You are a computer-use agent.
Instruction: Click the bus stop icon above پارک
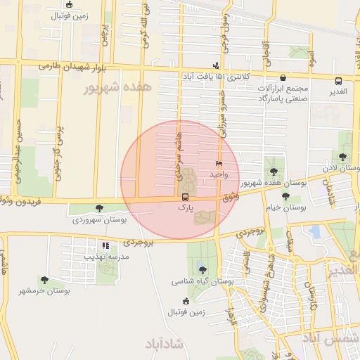tap(184, 198)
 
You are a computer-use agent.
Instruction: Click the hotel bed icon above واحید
tap(219, 163)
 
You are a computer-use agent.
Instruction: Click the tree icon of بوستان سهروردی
tap(99, 208)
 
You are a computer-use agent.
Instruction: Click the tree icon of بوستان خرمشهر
tap(44, 280)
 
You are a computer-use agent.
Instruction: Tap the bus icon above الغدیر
tap(338, 81)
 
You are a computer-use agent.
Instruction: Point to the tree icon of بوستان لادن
tap(342, 157)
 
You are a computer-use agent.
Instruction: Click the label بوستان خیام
tap(283, 207)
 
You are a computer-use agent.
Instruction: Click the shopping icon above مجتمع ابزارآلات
tap(283, 77)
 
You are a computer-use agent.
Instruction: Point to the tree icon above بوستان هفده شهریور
tap(273, 172)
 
